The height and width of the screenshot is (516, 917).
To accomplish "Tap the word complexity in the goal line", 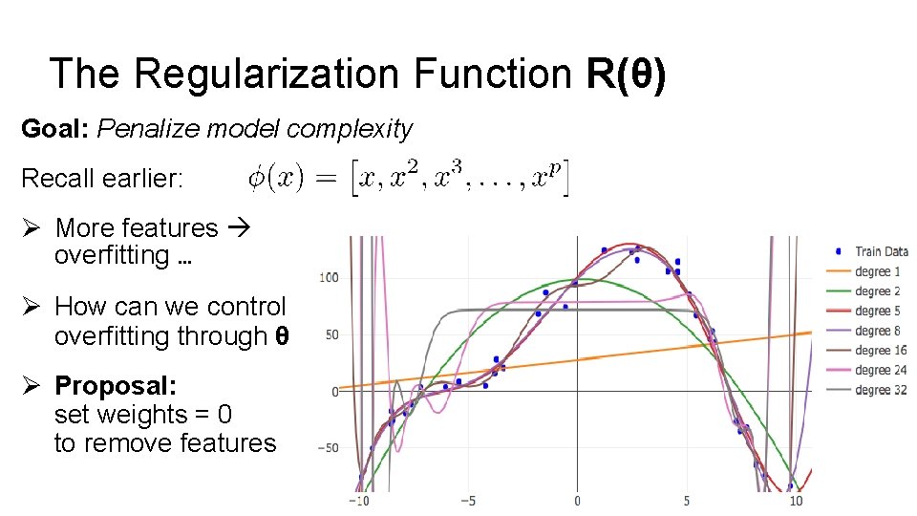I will coord(349,129).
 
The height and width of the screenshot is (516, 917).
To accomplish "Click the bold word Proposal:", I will coord(116,385).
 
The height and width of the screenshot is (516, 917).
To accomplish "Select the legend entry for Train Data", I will coord(880,251).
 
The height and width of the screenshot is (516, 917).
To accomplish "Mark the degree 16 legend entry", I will coord(880,351).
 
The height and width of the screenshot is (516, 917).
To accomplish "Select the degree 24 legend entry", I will coord(880,370).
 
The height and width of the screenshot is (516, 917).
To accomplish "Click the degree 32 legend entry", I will coord(880,390).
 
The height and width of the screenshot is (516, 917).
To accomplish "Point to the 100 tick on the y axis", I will coord(329,278).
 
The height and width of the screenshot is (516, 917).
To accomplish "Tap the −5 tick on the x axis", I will coord(468,501).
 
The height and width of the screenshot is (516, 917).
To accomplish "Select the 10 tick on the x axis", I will coord(795,501).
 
